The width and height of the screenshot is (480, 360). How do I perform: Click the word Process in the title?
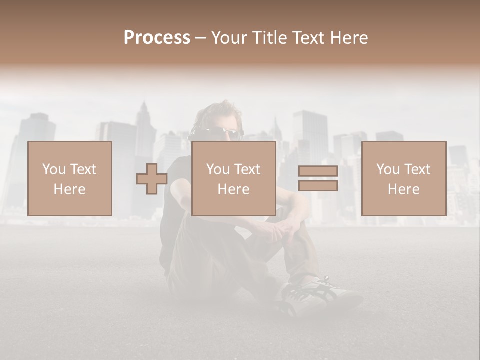[x=157, y=38]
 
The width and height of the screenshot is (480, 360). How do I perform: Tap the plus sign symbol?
[x=152, y=179]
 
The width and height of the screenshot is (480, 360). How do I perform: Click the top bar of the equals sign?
[x=318, y=171]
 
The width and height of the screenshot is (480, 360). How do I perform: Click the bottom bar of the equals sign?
[x=318, y=186]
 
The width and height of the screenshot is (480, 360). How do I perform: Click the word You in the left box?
[x=53, y=169]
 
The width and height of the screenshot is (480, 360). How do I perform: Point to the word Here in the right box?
[x=403, y=189]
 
